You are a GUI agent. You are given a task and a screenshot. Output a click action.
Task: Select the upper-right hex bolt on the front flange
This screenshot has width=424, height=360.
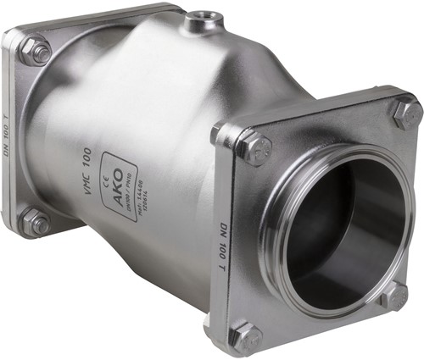click(405, 113)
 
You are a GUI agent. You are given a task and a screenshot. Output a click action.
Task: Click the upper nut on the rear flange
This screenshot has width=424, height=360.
click(36, 51)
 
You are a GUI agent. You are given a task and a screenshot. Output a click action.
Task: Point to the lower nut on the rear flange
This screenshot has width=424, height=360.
click(36, 222)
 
